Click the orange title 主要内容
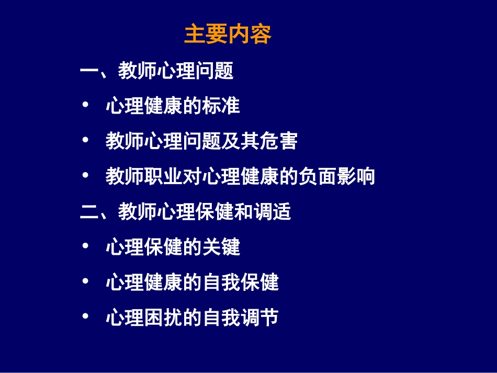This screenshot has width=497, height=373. point(228,35)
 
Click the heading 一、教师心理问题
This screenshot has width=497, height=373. point(157,71)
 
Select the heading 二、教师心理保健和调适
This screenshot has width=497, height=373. point(186,212)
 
